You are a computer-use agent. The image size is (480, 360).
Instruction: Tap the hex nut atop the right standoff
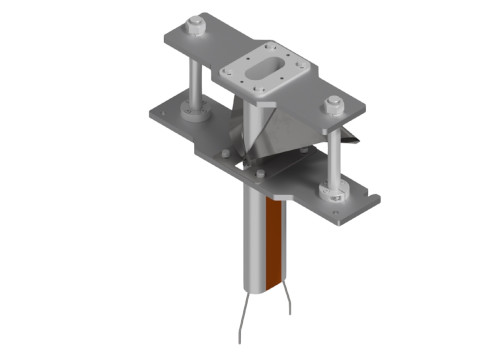click(333, 103)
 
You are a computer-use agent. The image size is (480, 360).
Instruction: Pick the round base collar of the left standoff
click(193, 111)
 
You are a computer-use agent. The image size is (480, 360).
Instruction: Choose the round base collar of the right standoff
click(328, 191)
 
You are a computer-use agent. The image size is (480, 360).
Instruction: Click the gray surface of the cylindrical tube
click(254, 240)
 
